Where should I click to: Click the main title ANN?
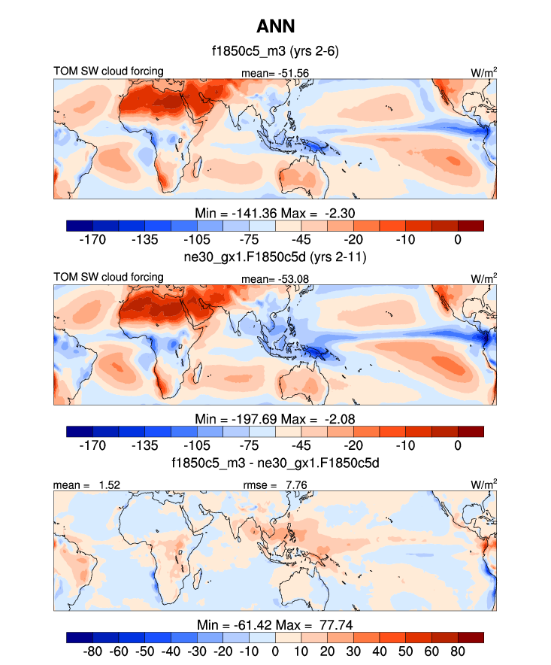[x=275, y=27]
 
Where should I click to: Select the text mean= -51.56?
[x=275, y=73]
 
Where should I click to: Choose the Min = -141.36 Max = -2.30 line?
[x=275, y=213]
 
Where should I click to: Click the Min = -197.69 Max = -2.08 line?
[x=275, y=419]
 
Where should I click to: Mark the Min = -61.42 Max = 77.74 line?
[x=275, y=625]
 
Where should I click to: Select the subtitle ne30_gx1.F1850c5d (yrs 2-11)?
[x=275, y=258]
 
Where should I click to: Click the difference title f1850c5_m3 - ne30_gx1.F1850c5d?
[x=275, y=463]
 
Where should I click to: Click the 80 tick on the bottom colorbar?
[x=457, y=651]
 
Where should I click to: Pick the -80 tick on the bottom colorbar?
[x=93, y=651]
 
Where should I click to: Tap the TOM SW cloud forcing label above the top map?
[x=108, y=72]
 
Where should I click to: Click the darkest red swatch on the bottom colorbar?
[x=470, y=638]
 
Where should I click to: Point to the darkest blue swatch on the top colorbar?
[x=80, y=226]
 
